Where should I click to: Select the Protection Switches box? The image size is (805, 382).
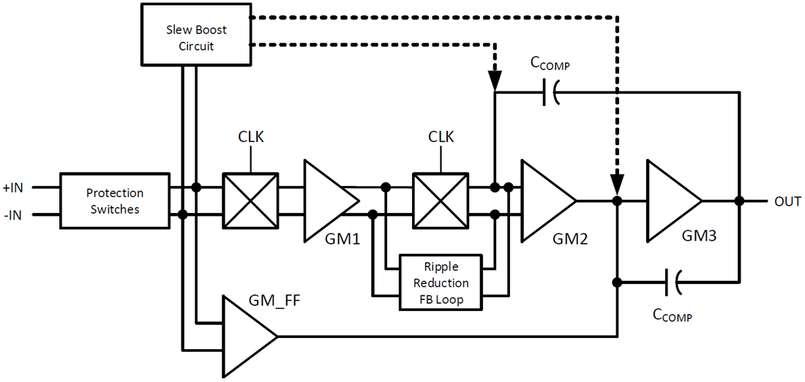pos(114,201)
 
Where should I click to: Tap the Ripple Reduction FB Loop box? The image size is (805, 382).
pos(441,282)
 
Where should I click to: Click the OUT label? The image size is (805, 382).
pos(787,201)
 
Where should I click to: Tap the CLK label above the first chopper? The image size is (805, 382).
pos(250,137)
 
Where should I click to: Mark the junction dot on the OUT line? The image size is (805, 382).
pos(739,201)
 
